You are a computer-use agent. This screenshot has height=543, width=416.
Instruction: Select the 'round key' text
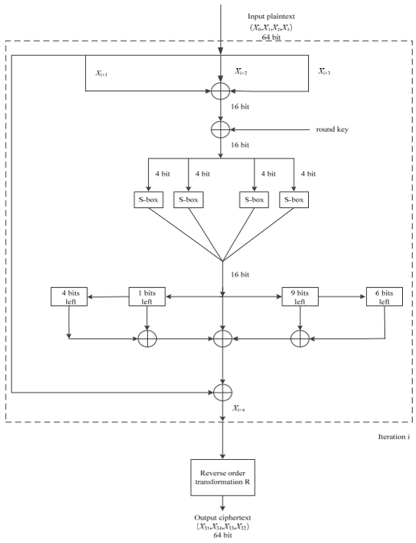click(332, 129)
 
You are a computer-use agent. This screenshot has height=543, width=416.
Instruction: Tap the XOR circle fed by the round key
click(220, 129)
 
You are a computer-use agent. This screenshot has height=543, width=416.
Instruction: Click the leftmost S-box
click(148, 200)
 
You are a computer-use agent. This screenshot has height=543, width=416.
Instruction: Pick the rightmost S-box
click(294, 200)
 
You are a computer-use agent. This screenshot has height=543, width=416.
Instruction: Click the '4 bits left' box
click(69, 297)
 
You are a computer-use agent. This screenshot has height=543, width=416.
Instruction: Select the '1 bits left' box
click(147, 297)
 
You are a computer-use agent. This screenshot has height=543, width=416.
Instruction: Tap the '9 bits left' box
click(300, 297)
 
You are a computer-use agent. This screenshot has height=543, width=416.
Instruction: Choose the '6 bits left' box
click(384, 297)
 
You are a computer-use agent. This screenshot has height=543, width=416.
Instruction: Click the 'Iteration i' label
click(393, 437)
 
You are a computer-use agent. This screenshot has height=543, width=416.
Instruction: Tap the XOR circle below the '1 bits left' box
click(147, 339)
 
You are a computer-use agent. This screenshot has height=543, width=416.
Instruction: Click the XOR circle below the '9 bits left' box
click(300, 339)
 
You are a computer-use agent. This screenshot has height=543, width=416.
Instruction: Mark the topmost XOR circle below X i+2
click(220, 91)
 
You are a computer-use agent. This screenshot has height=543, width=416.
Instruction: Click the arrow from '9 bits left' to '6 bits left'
click(342, 297)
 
